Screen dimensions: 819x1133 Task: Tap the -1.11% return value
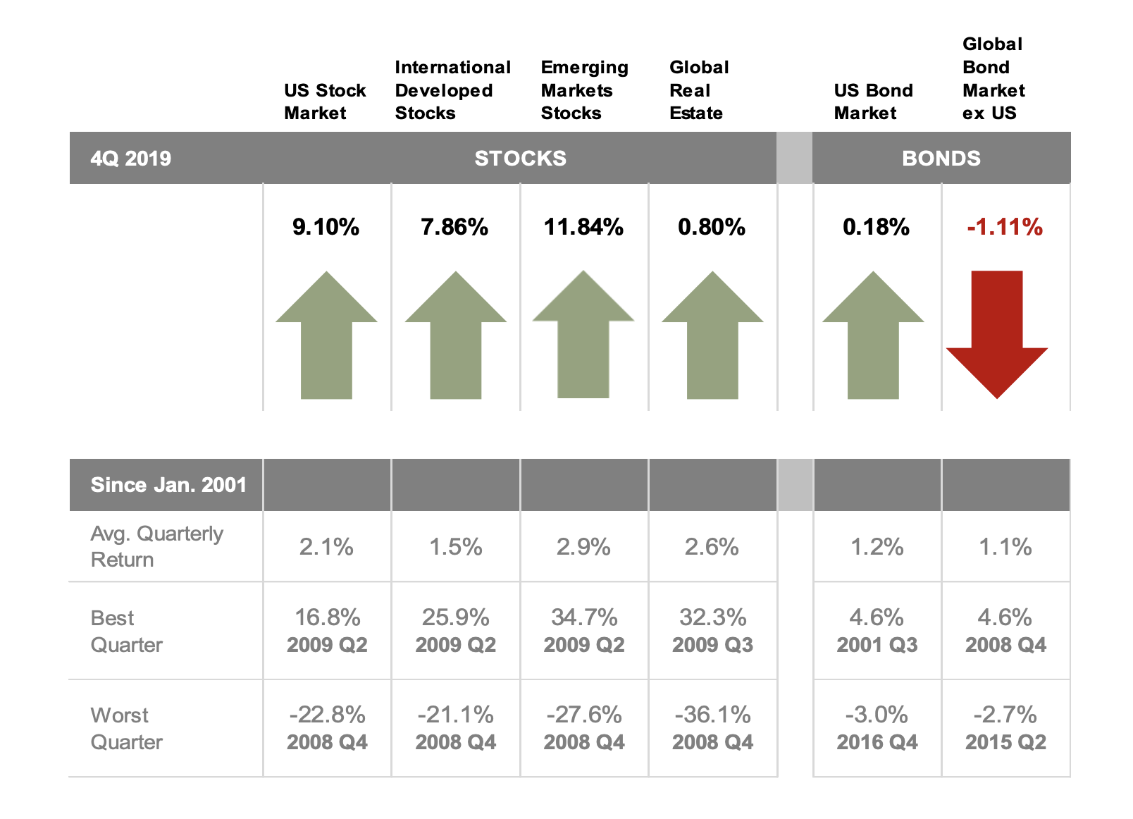[1004, 227]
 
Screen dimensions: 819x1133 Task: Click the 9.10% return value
[326, 227]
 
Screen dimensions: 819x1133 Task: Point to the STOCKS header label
[520, 158]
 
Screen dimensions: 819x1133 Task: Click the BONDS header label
[941, 158]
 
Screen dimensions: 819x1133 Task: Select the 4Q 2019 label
[130, 158]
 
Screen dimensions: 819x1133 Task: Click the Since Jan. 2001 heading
[168, 485]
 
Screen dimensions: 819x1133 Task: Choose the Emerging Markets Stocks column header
[583, 90]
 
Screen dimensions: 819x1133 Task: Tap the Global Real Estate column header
[698, 90]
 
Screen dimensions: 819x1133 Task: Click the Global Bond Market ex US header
[993, 79]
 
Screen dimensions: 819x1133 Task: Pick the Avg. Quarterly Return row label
[156, 546]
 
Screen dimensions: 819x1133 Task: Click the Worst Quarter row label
[126, 728]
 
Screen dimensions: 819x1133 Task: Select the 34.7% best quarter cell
[583, 617]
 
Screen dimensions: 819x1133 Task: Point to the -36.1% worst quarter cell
[712, 715]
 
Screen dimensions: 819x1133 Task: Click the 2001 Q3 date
[877, 645]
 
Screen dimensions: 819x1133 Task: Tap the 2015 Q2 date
[1005, 742]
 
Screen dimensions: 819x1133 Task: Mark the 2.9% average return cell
[583, 547]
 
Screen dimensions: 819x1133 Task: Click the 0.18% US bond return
[876, 227]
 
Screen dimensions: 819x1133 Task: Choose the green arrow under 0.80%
[712, 338]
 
